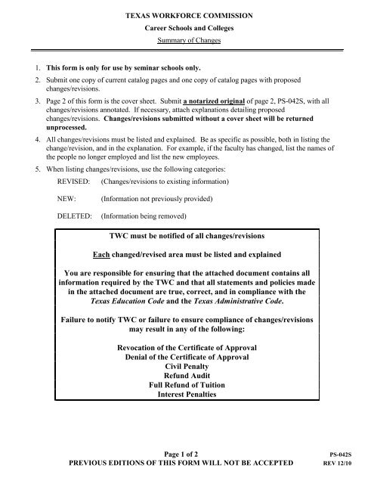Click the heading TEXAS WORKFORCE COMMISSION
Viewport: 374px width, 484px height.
tap(186, 14)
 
